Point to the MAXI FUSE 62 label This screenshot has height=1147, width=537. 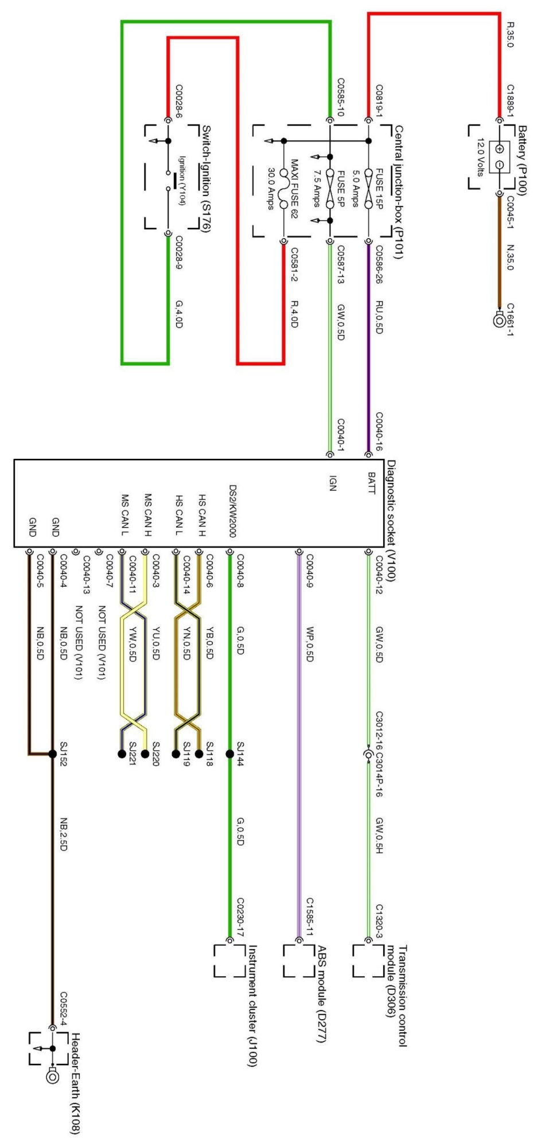(x=294, y=189)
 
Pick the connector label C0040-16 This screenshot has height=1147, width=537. (x=379, y=431)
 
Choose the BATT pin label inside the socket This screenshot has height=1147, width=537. (x=371, y=483)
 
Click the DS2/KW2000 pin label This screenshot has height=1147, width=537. (x=232, y=511)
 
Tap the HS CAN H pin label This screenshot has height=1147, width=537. (x=201, y=514)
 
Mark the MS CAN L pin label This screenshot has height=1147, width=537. (x=124, y=514)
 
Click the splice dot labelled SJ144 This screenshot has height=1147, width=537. (x=230, y=754)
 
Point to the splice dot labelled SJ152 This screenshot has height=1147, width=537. (x=52, y=754)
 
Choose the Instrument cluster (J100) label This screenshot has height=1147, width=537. (x=252, y=1006)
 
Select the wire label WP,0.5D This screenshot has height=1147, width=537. (x=309, y=644)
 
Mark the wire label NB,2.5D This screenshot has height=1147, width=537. (x=64, y=834)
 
